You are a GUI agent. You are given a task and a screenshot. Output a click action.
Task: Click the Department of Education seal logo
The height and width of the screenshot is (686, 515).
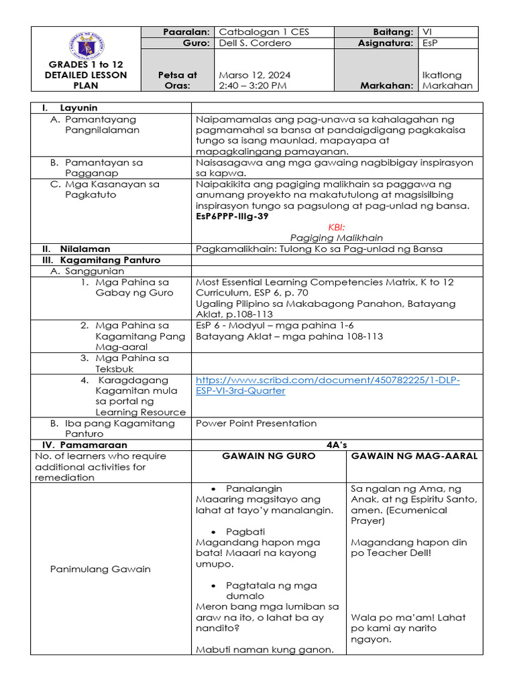pyautogui.click(x=85, y=46)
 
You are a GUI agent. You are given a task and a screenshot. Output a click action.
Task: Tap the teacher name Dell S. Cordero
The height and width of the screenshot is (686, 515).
pyautogui.click(x=255, y=43)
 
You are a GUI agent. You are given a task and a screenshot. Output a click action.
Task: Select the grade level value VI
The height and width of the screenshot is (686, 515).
pyautogui.click(x=427, y=32)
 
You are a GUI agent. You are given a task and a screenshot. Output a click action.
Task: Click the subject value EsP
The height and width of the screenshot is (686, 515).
pyautogui.click(x=429, y=43)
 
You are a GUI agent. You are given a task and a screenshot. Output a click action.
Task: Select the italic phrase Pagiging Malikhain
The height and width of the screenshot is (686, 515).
pyautogui.click(x=337, y=238)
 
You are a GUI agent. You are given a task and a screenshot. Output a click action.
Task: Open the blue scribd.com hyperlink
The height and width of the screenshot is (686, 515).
pyautogui.click(x=328, y=385)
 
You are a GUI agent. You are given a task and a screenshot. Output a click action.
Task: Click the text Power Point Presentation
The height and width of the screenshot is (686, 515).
pyautogui.click(x=256, y=423)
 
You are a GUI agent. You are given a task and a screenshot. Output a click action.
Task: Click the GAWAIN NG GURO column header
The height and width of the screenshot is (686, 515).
pyautogui.click(x=269, y=456)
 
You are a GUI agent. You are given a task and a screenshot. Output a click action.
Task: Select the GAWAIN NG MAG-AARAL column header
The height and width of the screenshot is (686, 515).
pyautogui.click(x=414, y=456)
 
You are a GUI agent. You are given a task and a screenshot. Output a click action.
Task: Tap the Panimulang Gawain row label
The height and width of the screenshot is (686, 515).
pyautogui.click(x=101, y=569)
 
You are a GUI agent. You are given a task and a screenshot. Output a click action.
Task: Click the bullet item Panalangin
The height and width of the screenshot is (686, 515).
pyautogui.click(x=253, y=488)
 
